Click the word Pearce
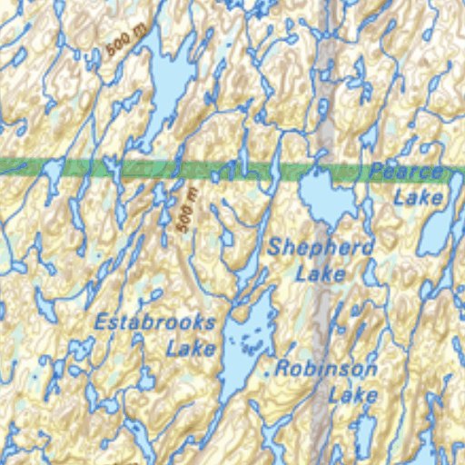click(x=406, y=172)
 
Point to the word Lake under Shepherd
click(x=321, y=272)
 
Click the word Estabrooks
click(x=156, y=322)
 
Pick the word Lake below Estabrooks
click(x=191, y=347)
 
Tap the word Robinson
click(x=326, y=370)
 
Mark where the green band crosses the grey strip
click(x=326, y=169)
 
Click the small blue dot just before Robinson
click(x=266, y=372)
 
